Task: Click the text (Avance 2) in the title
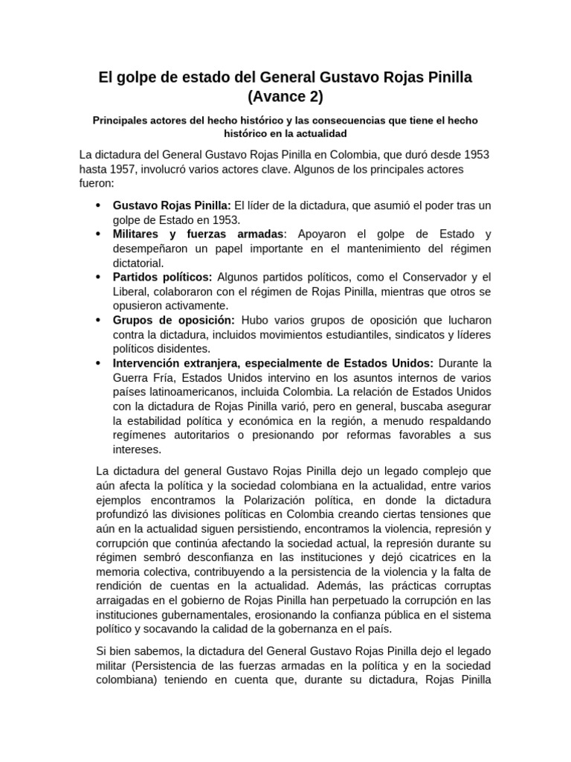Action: [285, 96]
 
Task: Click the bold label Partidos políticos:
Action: [162, 277]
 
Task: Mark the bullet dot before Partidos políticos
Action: [98, 277]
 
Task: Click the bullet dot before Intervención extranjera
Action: [98, 362]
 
